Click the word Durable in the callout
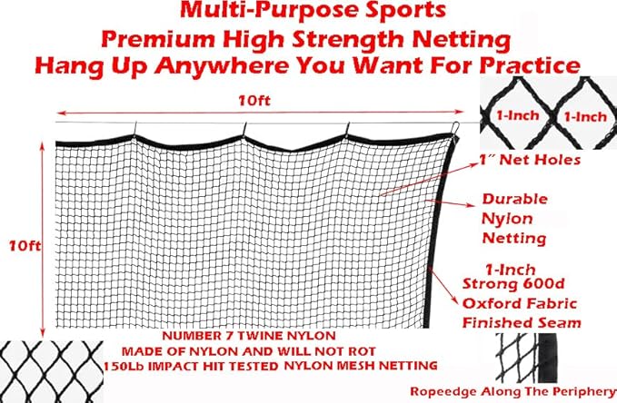[x=515, y=197]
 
